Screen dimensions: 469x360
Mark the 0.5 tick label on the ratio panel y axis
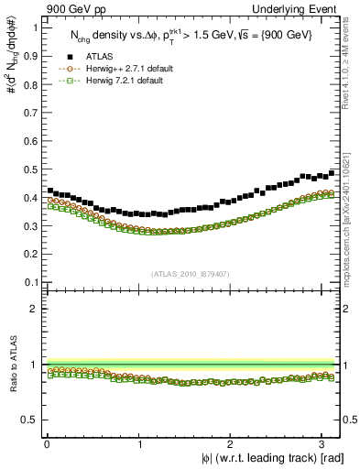29,420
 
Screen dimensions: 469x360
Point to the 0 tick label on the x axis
47,444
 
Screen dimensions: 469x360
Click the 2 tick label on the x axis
234,444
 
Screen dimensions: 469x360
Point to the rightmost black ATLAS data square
332,172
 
